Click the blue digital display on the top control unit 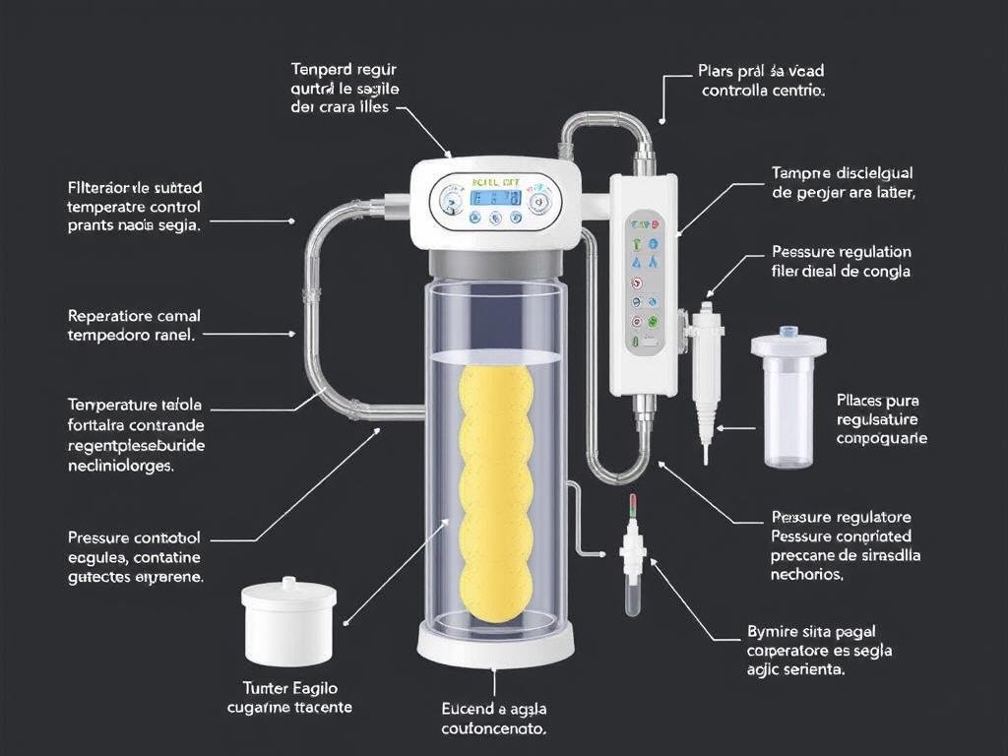[495, 197]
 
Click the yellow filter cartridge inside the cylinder [496, 492]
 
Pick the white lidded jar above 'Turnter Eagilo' [289, 621]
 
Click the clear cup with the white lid [788, 398]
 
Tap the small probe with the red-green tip [632, 556]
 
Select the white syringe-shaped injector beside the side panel [707, 373]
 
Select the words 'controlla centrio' [763, 91]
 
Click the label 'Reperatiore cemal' [133, 316]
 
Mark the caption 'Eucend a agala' [494, 709]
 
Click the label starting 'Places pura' [877, 401]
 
